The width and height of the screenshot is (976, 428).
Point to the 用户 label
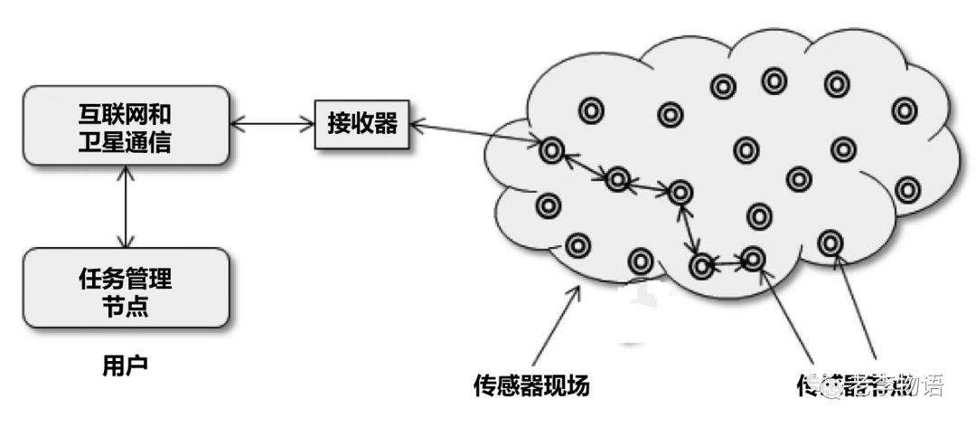tap(125, 366)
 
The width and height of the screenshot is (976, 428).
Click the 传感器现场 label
tap(531, 385)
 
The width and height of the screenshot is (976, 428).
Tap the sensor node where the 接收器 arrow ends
tap(550, 150)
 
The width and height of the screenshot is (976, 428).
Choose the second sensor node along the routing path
tap(617, 179)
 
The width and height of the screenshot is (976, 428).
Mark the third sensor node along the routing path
tap(680, 191)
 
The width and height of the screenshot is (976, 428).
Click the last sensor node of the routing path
tap(752, 259)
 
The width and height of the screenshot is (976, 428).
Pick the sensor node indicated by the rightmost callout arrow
tap(830, 242)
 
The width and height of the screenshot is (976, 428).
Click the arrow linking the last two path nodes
tap(727, 262)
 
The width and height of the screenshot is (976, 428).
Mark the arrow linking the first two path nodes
tap(584, 165)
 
